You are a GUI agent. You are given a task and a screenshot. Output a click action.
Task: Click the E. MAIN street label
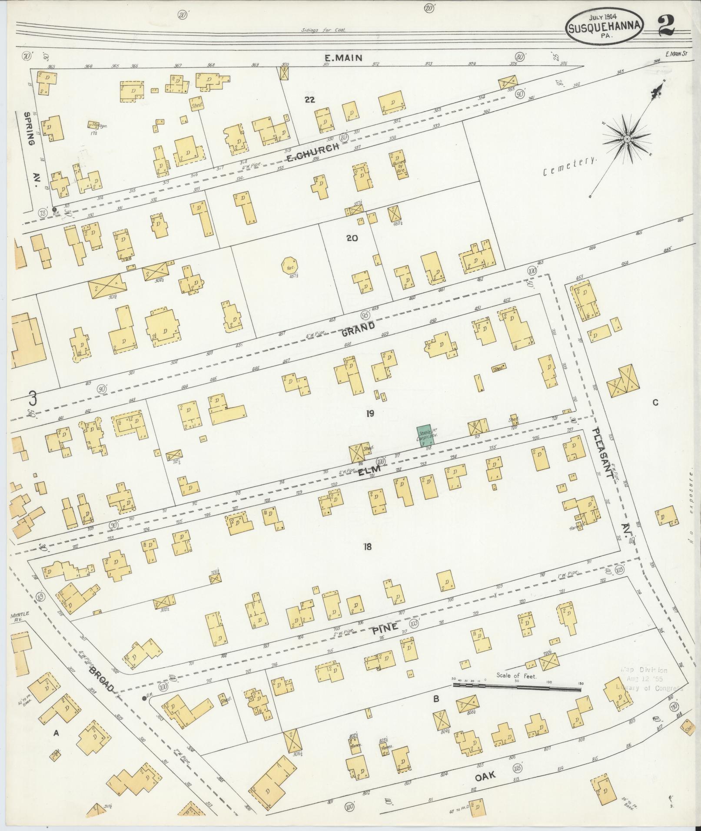pyautogui.click(x=343, y=57)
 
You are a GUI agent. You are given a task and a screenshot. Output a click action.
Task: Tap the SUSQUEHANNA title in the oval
pyautogui.click(x=605, y=27)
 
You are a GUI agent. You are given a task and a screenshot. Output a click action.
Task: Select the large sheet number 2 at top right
pyautogui.click(x=665, y=25)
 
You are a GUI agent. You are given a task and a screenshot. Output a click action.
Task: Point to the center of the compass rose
pyautogui.click(x=627, y=139)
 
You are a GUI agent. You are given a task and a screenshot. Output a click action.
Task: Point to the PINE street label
pyautogui.click(x=385, y=628)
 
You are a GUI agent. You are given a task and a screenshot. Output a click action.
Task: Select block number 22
pyautogui.click(x=309, y=100)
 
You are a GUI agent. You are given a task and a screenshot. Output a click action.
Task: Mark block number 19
pyautogui.click(x=370, y=414)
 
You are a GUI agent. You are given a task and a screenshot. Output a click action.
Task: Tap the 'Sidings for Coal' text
pyautogui.click(x=322, y=30)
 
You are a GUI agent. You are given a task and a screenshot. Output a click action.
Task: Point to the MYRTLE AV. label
pyautogui.click(x=17, y=618)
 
